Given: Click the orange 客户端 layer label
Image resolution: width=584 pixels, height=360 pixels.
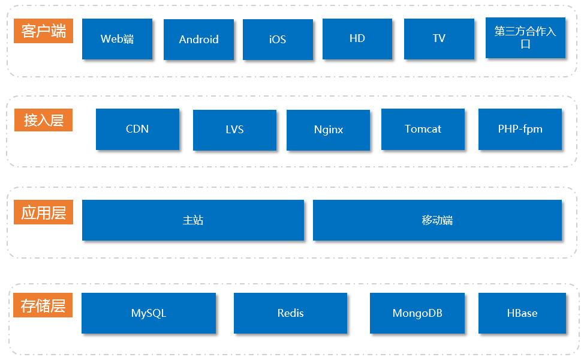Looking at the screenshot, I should pyautogui.click(x=43, y=31).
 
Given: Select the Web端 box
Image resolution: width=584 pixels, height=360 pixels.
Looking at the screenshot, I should pyautogui.click(x=117, y=39).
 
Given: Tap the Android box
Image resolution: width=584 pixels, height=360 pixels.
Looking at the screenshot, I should pyautogui.click(x=198, y=40).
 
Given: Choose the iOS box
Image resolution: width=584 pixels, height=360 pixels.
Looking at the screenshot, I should pyautogui.click(x=278, y=40).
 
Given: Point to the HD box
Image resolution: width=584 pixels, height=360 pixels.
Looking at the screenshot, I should pyautogui.click(x=357, y=38).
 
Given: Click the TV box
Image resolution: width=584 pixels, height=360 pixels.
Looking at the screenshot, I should pyautogui.click(x=439, y=38).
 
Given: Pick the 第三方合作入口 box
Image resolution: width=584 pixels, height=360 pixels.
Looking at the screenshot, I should pyautogui.click(x=525, y=38).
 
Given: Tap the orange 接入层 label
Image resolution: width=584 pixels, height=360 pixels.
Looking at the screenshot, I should pyautogui.click(x=43, y=120).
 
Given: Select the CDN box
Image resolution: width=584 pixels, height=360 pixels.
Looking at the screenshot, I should pyautogui.click(x=137, y=129).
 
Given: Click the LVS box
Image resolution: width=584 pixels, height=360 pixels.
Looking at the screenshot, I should pyautogui.click(x=234, y=130).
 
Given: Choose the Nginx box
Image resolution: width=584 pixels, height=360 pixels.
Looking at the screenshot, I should pyautogui.click(x=328, y=130).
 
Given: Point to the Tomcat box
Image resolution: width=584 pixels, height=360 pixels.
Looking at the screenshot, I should pyautogui.click(x=423, y=129).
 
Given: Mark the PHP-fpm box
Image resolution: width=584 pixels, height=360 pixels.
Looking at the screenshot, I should pyautogui.click(x=520, y=129).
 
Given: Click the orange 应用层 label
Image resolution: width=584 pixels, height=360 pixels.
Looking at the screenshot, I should pyautogui.click(x=43, y=213).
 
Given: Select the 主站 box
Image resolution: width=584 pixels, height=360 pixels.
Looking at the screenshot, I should pyautogui.click(x=193, y=220).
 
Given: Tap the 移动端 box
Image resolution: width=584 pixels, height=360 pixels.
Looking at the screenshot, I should pyautogui.click(x=437, y=220).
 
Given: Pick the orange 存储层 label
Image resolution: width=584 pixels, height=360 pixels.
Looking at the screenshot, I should pyautogui.click(x=43, y=305).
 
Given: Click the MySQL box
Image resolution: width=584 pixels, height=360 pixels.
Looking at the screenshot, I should pyautogui.click(x=149, y=313).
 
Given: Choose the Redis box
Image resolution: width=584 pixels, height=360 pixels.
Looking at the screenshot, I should pyautogui.click(x=290, y=313).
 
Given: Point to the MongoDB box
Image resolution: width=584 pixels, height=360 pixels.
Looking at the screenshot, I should pyautogui.click(x=417, y=313).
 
